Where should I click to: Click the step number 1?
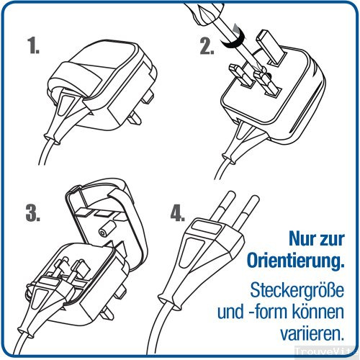pyautogui.click(x=35, y=48)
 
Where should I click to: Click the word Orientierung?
pyautogui.click(x=290, y=258)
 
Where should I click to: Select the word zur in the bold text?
pyautogui.click(x=330, y=237)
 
